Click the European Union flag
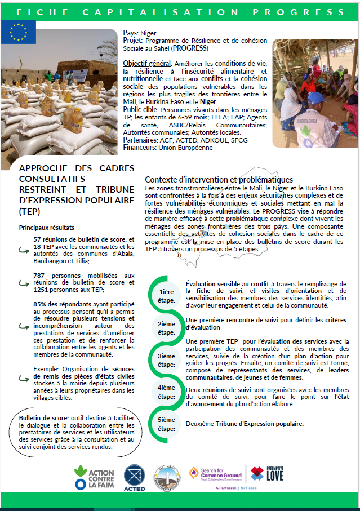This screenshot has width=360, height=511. coord(17,32)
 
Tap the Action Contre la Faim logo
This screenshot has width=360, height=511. coord(94,474)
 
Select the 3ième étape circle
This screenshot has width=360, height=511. coord(166,361)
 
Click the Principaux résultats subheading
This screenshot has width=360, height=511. coord(46,227)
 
